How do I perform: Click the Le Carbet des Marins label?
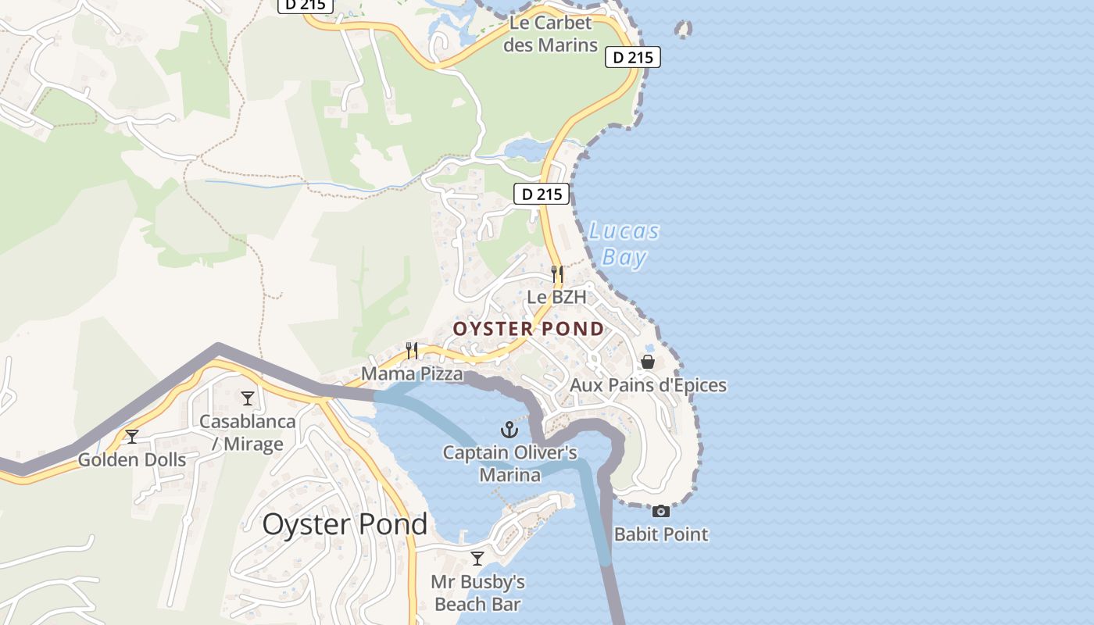550,34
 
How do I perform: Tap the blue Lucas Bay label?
624,244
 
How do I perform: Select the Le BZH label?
556,297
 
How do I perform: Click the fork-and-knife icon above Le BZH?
557,273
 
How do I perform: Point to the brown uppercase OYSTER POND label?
528,329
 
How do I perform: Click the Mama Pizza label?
412,374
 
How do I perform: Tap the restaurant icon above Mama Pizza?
412,350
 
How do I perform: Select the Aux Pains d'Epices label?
648,385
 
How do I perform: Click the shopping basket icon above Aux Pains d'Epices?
648,362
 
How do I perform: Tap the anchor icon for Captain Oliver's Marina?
509,429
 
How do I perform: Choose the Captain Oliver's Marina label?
509,463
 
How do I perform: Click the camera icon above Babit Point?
661,511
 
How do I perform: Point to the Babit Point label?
661,534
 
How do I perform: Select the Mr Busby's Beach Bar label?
477,593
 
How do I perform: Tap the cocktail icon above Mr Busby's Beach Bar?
477,558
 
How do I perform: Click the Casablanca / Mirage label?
248,433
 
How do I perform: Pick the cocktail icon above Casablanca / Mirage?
248,398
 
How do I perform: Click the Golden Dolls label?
132,459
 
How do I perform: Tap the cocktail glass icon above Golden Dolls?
132,436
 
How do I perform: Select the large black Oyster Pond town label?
345,524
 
